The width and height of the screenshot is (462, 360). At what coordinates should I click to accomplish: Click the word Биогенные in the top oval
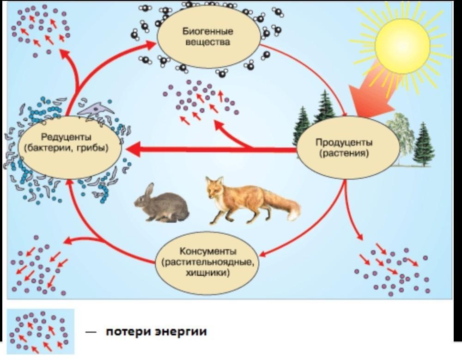click(208, 31)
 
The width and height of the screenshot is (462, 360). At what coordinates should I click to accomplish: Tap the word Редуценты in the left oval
click(66, 137)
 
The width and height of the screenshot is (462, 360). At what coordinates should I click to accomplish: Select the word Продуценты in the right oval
click(344, 142)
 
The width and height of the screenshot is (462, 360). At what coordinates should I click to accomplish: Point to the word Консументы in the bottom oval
click(208, 251)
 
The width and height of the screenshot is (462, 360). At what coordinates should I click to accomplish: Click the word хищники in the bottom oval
click(208, 273)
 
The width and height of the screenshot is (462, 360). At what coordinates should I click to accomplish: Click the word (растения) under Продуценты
click(344, 153)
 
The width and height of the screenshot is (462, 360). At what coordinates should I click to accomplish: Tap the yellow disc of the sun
click(402, 45)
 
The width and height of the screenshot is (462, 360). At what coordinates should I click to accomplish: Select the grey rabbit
click(162, 204)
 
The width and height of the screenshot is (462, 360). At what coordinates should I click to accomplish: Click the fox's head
click(214, 189)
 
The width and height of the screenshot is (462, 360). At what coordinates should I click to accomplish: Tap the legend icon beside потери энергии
click(40, 331)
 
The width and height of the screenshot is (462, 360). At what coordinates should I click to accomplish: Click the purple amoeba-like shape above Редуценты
click(97, 110)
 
